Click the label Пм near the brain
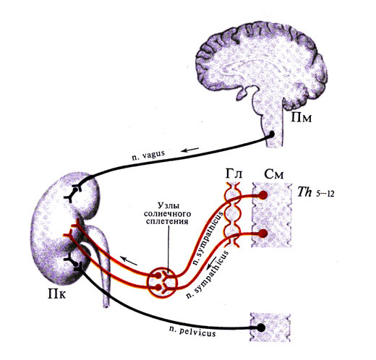(301, 117)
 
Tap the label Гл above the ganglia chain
(234, 173)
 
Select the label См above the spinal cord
(273, 174)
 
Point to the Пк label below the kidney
(56, 293)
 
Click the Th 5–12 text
(316, 192)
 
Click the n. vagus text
(148, 155)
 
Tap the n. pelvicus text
(192, 332)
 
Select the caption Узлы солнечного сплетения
(168, 213)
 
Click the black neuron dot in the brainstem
(271, 134)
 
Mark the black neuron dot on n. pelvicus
(260, 327)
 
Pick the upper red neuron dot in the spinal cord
(263, 195)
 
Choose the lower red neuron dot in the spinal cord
(263, 233)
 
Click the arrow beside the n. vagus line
(190, 150)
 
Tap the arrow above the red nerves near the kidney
(129, 261)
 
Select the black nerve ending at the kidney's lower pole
(73, 262)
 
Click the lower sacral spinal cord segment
(270, 327)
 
